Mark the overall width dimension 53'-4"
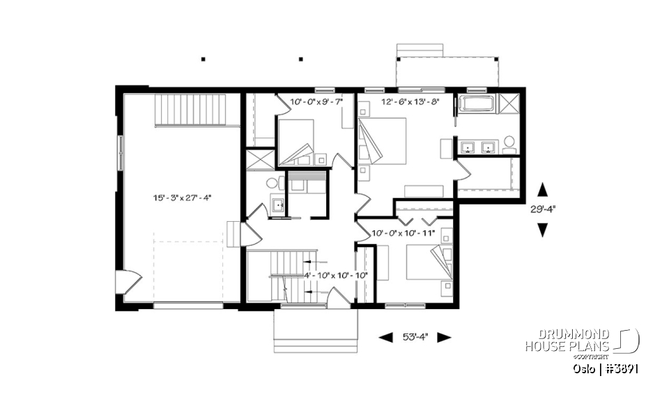click(x=415, y=337)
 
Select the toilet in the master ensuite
click(x=509, y=143)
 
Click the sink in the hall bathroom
click(x=277, y=205)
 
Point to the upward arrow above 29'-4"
click(x=542, y=189)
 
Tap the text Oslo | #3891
click(x=603, y=368)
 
